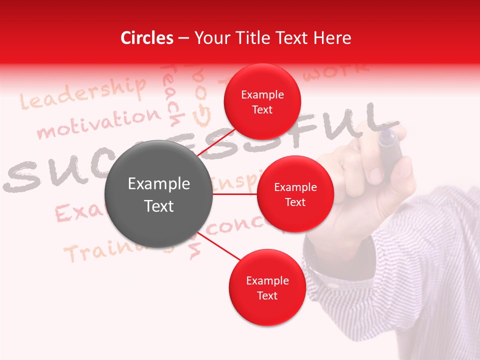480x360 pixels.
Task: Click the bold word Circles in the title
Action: (147, 38)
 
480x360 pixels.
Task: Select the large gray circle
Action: (159, 194)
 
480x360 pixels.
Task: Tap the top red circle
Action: (262, 102)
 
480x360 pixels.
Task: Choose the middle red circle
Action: (295, 194)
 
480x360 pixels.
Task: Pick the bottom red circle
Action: (267, 287)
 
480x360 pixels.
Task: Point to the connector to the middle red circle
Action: (235, 194)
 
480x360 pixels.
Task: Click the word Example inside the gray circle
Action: (159, 184)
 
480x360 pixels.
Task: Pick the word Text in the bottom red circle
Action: (267, 295)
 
